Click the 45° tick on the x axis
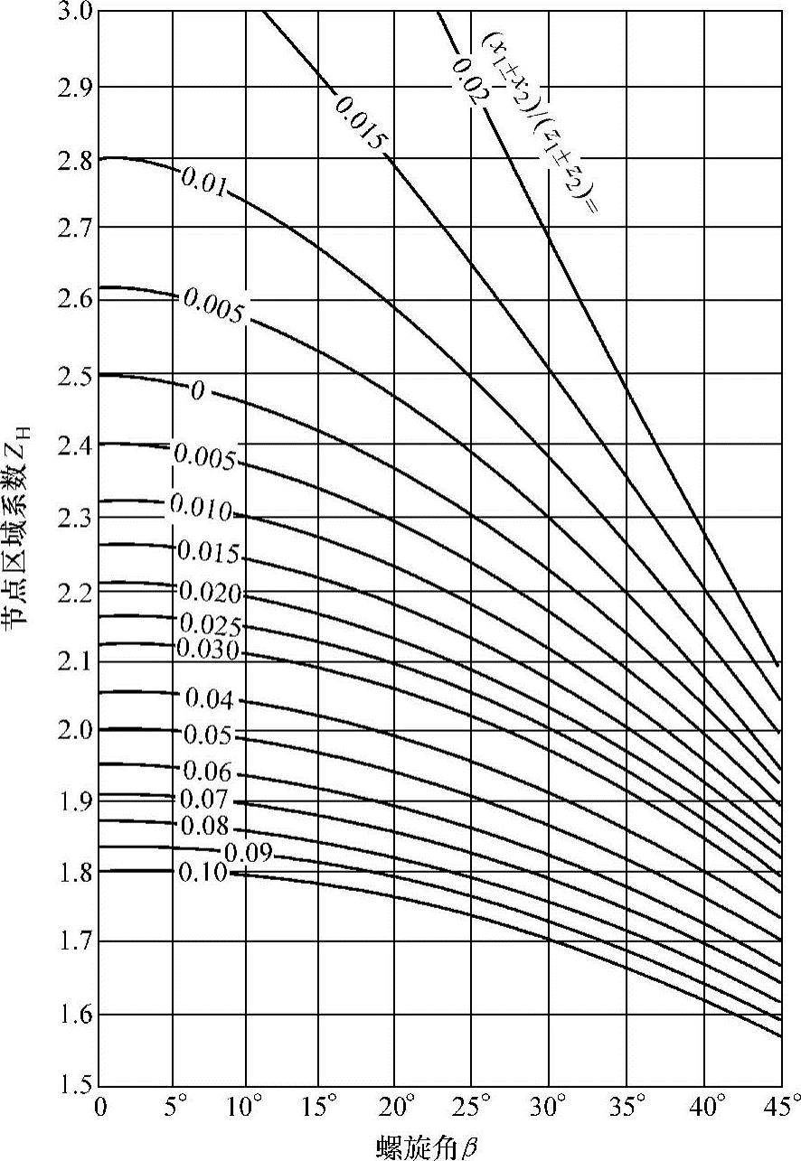click(779, 1106)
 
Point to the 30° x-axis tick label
click(551, 1106)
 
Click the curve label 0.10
click(204, 873)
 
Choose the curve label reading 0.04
click(209, 699)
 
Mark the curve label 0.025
click(210, 624)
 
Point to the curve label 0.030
click(208, 649)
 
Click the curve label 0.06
click(208, 772)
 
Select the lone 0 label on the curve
click(197, 392)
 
